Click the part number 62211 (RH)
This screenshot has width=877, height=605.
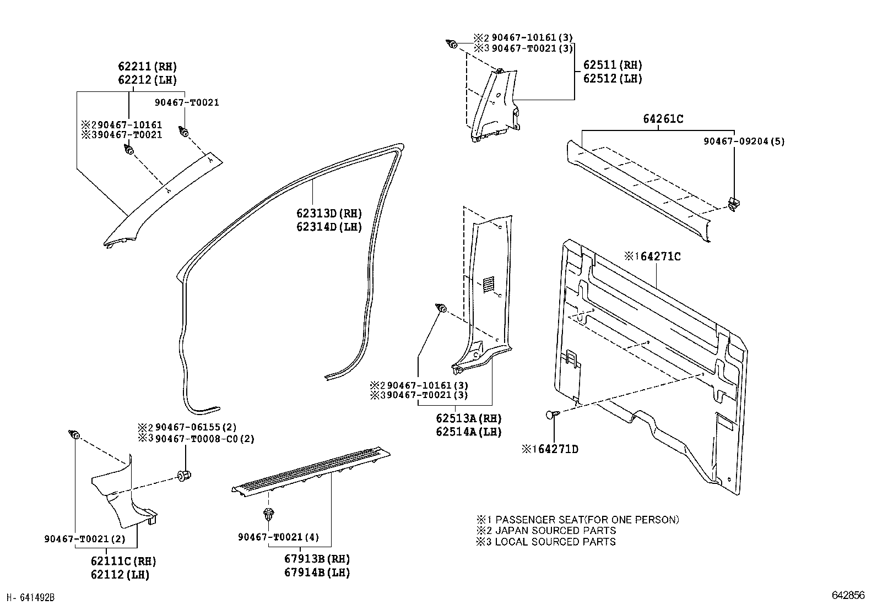[147, 67]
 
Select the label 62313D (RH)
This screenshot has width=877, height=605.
[329, 214]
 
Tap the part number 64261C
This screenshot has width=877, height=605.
[663, 119]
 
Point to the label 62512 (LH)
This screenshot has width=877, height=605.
[613, 78]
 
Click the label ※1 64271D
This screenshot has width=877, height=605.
[550, 450]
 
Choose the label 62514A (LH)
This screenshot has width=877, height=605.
[469, 432]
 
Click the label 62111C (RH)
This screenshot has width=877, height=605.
[123, 562]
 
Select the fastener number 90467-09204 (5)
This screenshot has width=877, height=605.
[744, 141]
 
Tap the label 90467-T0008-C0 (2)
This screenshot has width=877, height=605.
[204, 439]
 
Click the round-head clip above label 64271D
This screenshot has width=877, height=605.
[553, 415]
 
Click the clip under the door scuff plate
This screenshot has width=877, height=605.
[268, 515]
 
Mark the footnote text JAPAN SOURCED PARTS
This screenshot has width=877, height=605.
[555, 531]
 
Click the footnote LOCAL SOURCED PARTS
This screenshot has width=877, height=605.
[555, 542]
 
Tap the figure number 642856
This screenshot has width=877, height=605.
[848, 596]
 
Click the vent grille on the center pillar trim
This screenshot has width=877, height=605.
[488, 285]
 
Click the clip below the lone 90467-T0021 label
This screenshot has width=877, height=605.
[185, 132]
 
